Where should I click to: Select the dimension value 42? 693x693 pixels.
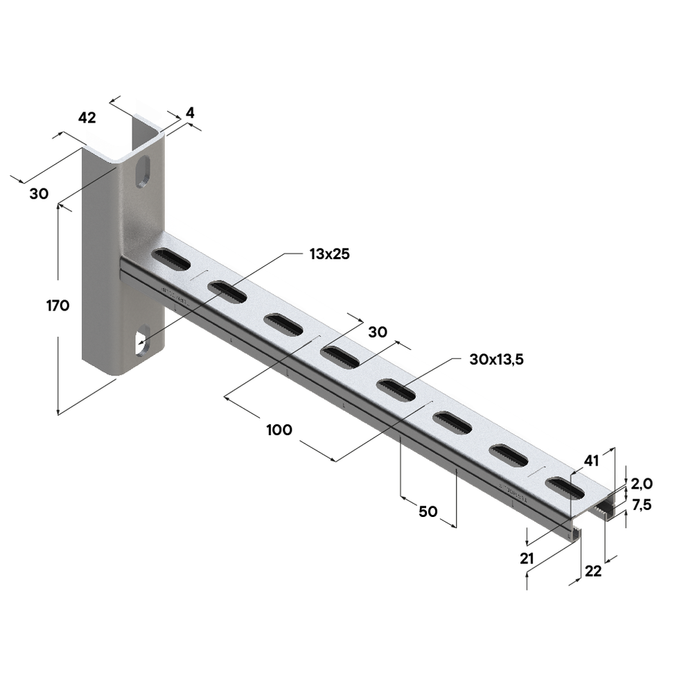pyautogui.click(x=87, y=118)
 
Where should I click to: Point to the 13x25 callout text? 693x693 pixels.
pyautogui.click(x=329, y=254)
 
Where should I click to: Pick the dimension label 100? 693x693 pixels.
pyautogui.click(x=279, y=430)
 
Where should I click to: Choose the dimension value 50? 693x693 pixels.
pyautogui.click(x=428, y=511)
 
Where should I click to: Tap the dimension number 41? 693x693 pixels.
pyautogui.click(x=591, y=461)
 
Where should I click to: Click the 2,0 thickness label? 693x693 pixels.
pyautogui.click(x=642, y=484)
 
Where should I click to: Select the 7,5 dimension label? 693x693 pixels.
pyautogui.click(x=642, y=505)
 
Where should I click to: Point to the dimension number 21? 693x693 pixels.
pyautogui.click(x=527, y=559)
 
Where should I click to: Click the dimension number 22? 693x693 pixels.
pyautogui.click(x=593, y=572)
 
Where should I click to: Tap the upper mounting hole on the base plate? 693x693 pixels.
pyautogui.click(x=143, y=172)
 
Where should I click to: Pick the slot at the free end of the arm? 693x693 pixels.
pyautogui.click(x=565, y=487)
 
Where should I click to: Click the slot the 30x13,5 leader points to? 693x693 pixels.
pyautogui.click(x=396, y=390)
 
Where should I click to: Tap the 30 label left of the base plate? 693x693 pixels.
pyautogui.click(x=39, y=193)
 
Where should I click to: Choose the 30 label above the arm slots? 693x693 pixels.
pyautogui.click(x=378, y=332)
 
